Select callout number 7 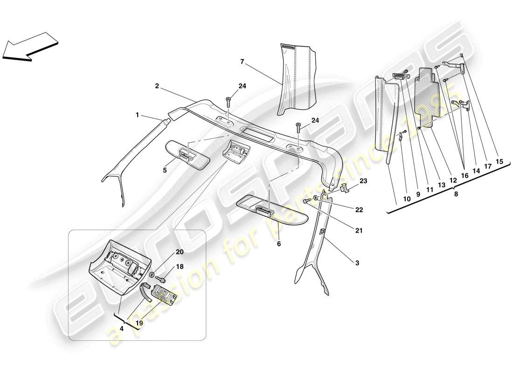click(242, 61)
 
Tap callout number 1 click(138, 114)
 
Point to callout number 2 click(157, 86)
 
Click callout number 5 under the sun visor click(165, 171)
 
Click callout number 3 click(357, 263)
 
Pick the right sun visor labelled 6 click(273, 209)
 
